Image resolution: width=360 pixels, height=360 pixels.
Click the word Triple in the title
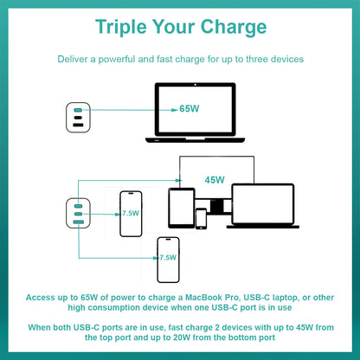click(121, 27)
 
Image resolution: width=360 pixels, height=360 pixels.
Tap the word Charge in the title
click(234, 28)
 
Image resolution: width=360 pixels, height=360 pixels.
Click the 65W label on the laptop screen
click(190, 109)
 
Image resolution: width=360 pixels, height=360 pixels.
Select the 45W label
click(215, 180)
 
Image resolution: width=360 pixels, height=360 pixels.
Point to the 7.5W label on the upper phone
click(131, 213)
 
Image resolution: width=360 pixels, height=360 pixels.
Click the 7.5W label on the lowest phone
click(168, 257)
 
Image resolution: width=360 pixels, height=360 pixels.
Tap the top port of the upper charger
click(78, 110)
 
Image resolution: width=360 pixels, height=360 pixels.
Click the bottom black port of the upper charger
click(78, 125)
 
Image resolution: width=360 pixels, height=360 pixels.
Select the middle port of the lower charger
click(78, 214)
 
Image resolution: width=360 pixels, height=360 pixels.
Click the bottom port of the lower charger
click(78, 222)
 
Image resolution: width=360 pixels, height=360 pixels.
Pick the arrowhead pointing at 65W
click(175, 110)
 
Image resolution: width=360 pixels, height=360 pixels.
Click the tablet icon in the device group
click(182, 208)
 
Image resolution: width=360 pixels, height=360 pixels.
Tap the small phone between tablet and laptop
click(201, 219)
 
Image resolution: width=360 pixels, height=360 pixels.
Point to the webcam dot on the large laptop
click(196, 85)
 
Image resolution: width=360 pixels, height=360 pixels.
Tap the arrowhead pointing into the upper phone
click(118, 214)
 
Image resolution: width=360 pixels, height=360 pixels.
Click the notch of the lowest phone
click(168, 239)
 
